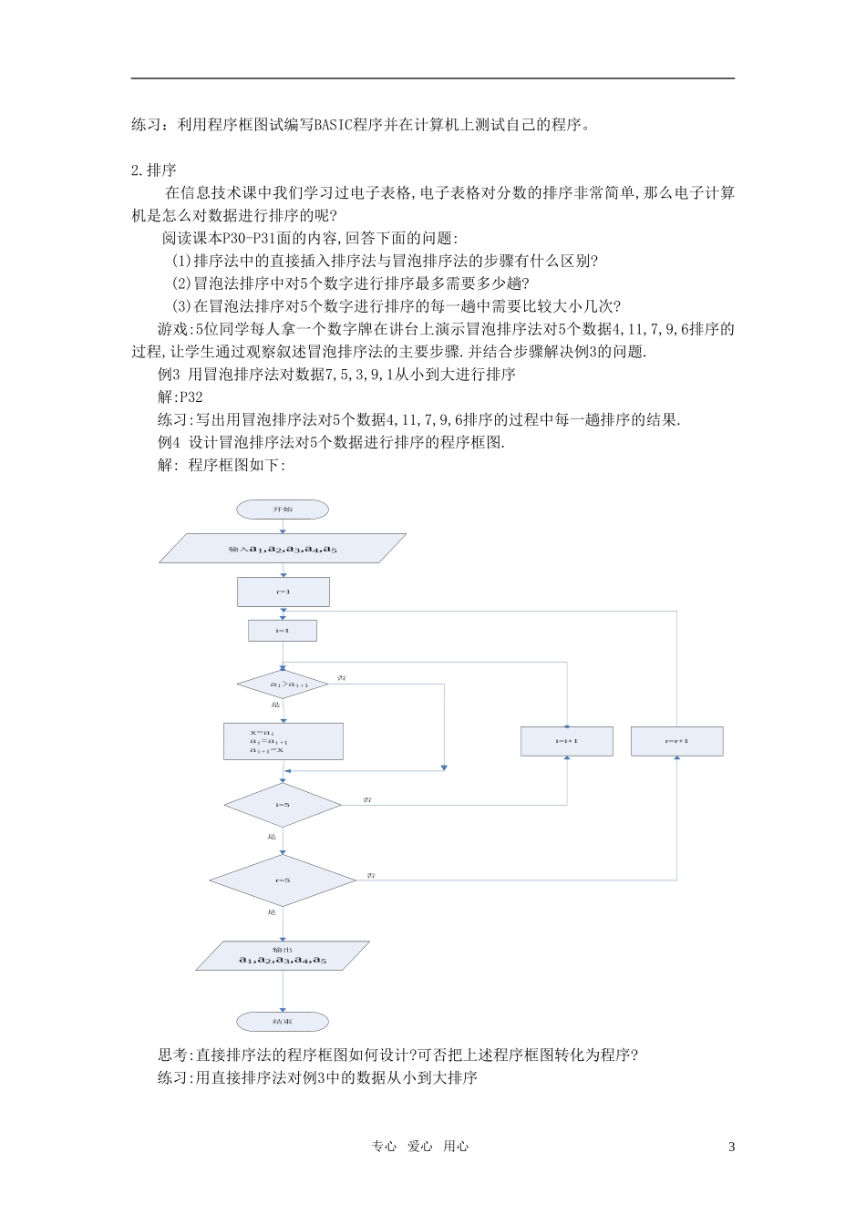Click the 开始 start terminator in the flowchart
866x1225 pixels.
(283, 510)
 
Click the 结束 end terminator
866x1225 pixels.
(283, 1022)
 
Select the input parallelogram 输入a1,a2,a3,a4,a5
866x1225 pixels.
(283, 549)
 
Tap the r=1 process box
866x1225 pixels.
(283, 592)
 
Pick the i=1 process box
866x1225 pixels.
(283, 631)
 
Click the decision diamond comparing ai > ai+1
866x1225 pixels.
(284, 684)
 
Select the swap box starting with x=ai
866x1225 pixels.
(284, 741)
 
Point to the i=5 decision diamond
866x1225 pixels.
(283, 805)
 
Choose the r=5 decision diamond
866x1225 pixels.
(283, 880)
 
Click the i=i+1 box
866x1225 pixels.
(567, 741)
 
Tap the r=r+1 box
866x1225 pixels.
(676, 741)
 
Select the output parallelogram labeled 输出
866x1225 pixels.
(283, 955)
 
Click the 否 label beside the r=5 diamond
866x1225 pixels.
(371, 875)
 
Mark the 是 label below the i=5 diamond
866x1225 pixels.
(272, 837)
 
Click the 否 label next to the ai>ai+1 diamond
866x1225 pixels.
(342, 678)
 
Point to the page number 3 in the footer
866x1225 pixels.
(731, 1147)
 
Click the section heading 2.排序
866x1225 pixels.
(154, 170)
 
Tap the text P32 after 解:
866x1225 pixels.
(191, 397)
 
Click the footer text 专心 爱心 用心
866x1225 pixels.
(420, 1147)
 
